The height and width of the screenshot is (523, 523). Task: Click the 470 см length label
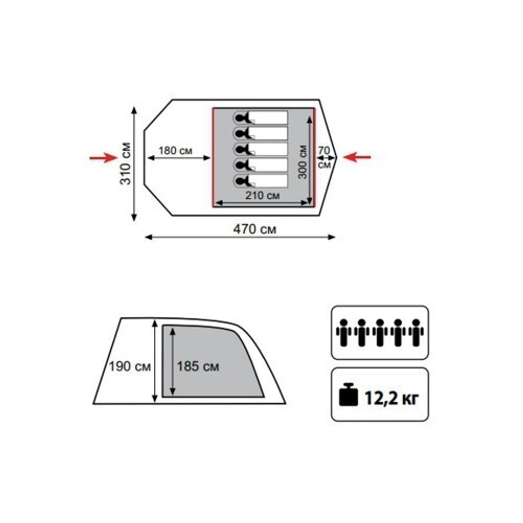[255, 230]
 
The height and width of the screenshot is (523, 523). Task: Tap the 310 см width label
[126, 163]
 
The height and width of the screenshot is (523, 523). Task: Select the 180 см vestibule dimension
[175, 151]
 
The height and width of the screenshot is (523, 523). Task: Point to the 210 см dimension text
[263, 196]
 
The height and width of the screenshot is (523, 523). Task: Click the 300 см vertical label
[302, 162]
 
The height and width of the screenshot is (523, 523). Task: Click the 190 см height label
[130, 367]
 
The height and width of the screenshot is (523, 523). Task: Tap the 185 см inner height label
[198, 367]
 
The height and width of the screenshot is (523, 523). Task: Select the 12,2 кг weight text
[391, 398]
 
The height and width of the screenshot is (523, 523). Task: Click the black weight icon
[348, 394]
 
